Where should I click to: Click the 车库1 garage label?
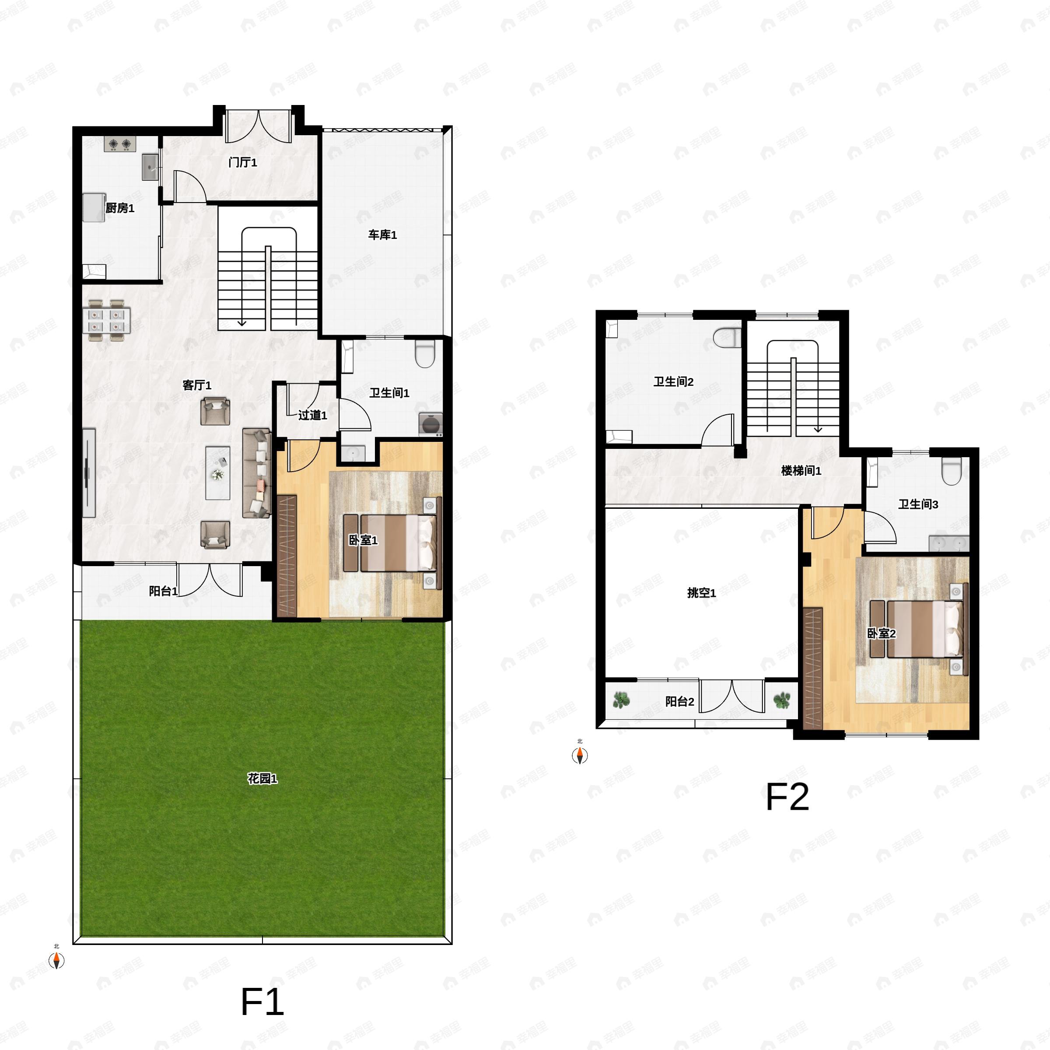(x=383, y=235)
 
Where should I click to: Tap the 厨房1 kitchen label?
(x=119, y=208)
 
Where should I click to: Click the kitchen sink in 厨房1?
(x=150, y=167)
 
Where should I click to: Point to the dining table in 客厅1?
(x=106, y=321)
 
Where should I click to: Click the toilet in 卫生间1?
(x=425, y=354)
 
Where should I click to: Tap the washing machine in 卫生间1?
(x=430, y=424)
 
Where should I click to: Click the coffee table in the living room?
(x=218, y=473)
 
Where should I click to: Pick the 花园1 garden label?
(x=262, y=778)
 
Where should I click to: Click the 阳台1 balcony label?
(x=163, y=591)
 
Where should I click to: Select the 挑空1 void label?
(x=702, y=592)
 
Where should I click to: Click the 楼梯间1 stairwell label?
(x=801, y=471)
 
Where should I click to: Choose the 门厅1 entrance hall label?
(x=243, y=162)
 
